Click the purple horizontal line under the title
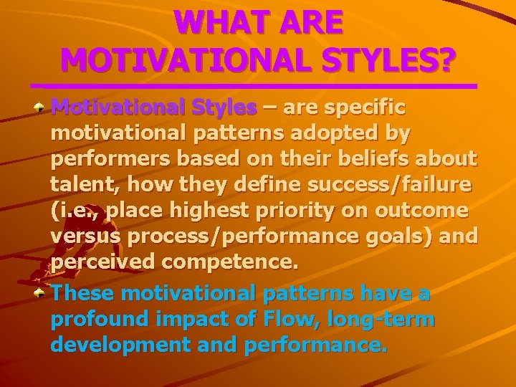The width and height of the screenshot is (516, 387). pyautogui.click(x=258, y=87)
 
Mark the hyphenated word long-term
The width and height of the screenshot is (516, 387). pyautogui.click(x=388, y=319)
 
